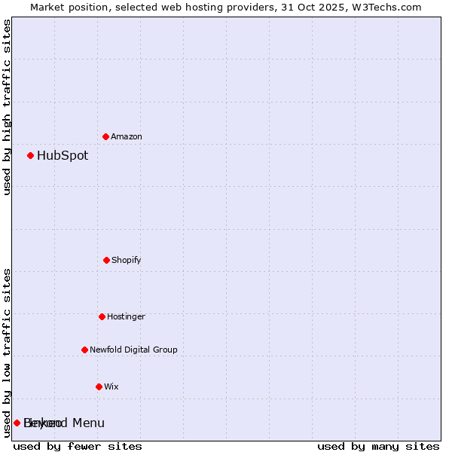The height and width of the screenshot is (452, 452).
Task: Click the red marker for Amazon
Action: click(105, 136)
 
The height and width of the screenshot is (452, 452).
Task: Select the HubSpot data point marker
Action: click(30, 155)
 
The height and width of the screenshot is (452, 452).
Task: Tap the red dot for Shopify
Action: click(106, 260)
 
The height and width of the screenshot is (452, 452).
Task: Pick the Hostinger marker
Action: click(102, 316)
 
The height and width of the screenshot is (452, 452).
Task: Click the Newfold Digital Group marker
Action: click(84, 350)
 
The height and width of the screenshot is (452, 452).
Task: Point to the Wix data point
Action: click(99, 386)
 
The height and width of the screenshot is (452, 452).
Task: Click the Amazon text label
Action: click(127, 136)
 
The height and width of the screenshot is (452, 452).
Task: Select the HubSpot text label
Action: click(63, 156)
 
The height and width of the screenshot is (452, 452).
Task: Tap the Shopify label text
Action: click(127, 260)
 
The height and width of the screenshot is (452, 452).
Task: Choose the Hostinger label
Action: click(126, 316)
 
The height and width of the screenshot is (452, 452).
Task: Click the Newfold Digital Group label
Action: click(133, 350)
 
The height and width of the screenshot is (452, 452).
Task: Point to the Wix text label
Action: click(111, 386)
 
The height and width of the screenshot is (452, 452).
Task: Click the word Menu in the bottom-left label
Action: click(88, 423)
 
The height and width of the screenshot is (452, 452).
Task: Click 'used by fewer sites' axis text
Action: click(78, 446)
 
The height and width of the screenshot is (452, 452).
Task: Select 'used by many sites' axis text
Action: click(378, 446)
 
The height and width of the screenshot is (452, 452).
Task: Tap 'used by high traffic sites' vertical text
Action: click(7, 107)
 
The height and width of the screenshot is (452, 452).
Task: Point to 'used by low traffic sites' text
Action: click(7, 353)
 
